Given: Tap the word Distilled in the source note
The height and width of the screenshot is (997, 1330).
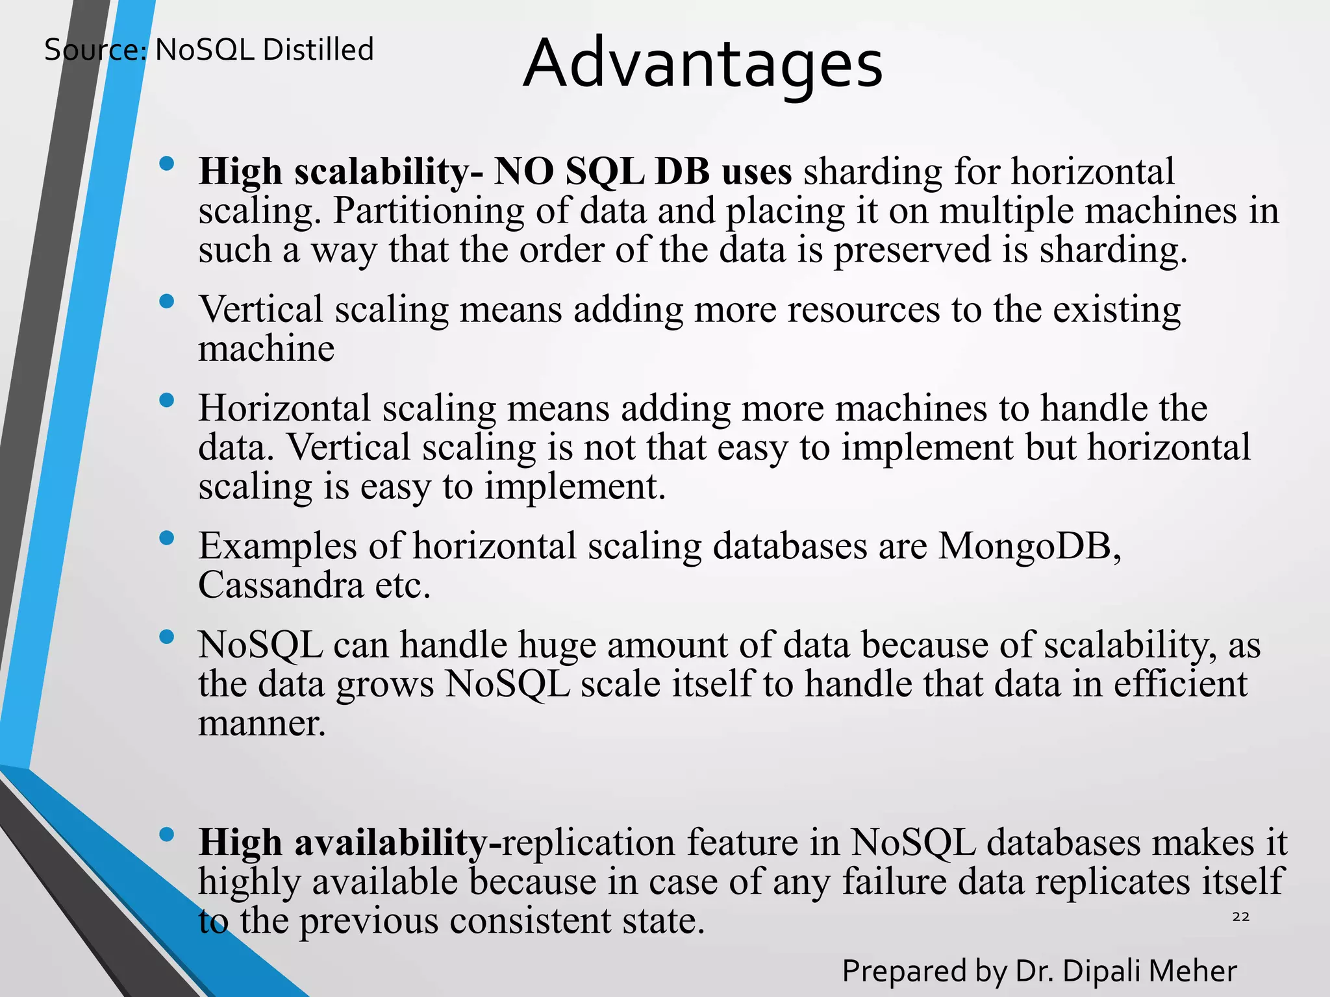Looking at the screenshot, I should coord(319,50).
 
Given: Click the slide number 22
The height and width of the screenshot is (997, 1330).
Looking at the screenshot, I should coord(1240,917).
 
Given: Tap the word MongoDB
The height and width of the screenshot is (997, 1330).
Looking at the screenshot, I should coord(1029,546).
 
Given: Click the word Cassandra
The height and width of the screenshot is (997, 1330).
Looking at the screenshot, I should coord(281,585).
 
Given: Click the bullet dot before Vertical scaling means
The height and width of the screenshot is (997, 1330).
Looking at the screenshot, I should coord(167,301).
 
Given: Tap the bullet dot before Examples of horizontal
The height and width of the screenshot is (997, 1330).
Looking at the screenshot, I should coord(167,538).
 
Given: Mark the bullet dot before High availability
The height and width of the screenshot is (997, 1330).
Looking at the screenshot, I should coord(167,835).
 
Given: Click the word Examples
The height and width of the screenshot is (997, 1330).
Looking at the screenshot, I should coord(278,546).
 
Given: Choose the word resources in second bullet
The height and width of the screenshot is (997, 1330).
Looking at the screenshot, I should coord(864,310).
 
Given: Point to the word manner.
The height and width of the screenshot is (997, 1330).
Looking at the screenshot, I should coord(262,723).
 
